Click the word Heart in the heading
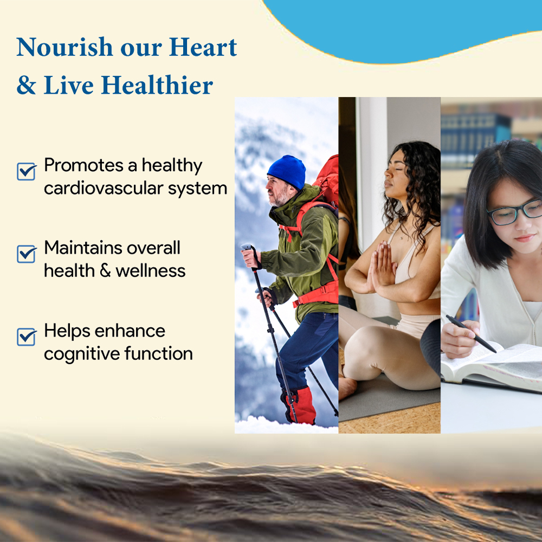point(203,47)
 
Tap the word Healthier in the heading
point(157,85)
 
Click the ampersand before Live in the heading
point(26,85)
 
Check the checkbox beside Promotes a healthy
point(26,171)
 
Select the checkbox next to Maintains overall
point(26,254)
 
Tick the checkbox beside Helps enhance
point(26,337)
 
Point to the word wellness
point(151,270)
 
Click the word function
point(159,353)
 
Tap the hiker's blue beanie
point(287,172)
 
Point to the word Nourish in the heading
point(64,47)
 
